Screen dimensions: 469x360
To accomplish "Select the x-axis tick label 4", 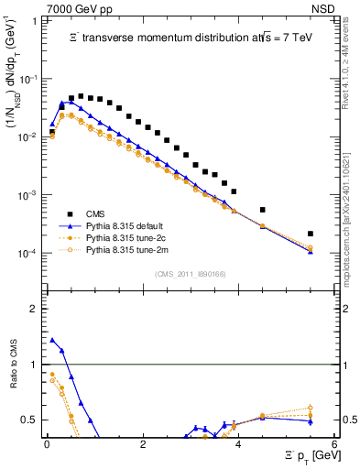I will (238, 444).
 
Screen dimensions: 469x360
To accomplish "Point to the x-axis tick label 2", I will (143, 444).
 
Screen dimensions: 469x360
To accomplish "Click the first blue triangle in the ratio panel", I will (52, 340).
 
